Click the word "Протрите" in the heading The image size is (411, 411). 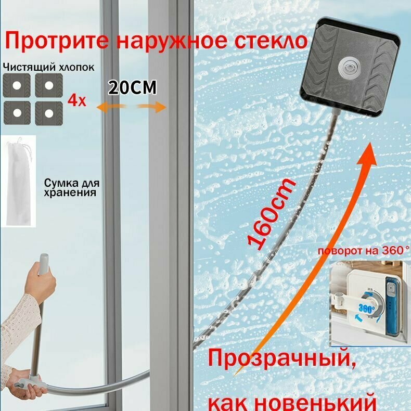click(57, 41)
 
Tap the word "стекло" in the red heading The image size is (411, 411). click(270, 41)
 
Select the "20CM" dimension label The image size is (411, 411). click(133, 87)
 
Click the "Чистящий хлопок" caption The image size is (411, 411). click(49, 67)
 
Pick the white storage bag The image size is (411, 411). click(18, 182)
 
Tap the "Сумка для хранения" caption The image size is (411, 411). click(72, 187)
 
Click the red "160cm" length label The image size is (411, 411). click(272, 214)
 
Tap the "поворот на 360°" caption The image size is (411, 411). click(364, 251)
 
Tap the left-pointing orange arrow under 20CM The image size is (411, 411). click(110, 108)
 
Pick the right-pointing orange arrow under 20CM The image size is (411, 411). click(152, 107)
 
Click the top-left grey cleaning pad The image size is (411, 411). click(17, 85)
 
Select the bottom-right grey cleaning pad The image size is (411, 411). click(49, 113)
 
